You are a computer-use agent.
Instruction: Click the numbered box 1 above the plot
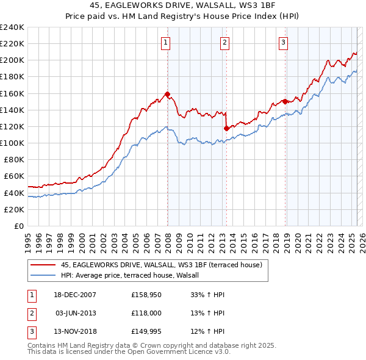[x=166, y=42]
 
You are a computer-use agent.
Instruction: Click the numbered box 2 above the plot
[x=225, y=42]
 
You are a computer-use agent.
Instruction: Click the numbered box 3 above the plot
[x=284, y=42]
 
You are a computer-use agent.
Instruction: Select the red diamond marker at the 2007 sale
[x=167, y=94]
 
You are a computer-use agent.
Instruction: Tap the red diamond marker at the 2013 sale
[x=226, y=128]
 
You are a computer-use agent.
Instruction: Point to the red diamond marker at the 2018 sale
[x=285, y=102]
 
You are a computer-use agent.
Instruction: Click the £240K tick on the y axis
[x=12, y=27]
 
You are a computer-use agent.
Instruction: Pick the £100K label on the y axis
[x=12, y=143]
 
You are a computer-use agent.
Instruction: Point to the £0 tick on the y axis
[x=18, y=226]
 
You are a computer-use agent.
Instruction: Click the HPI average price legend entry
[x=134, y=276]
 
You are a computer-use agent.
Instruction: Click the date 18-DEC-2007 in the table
[x=75, y=295]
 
